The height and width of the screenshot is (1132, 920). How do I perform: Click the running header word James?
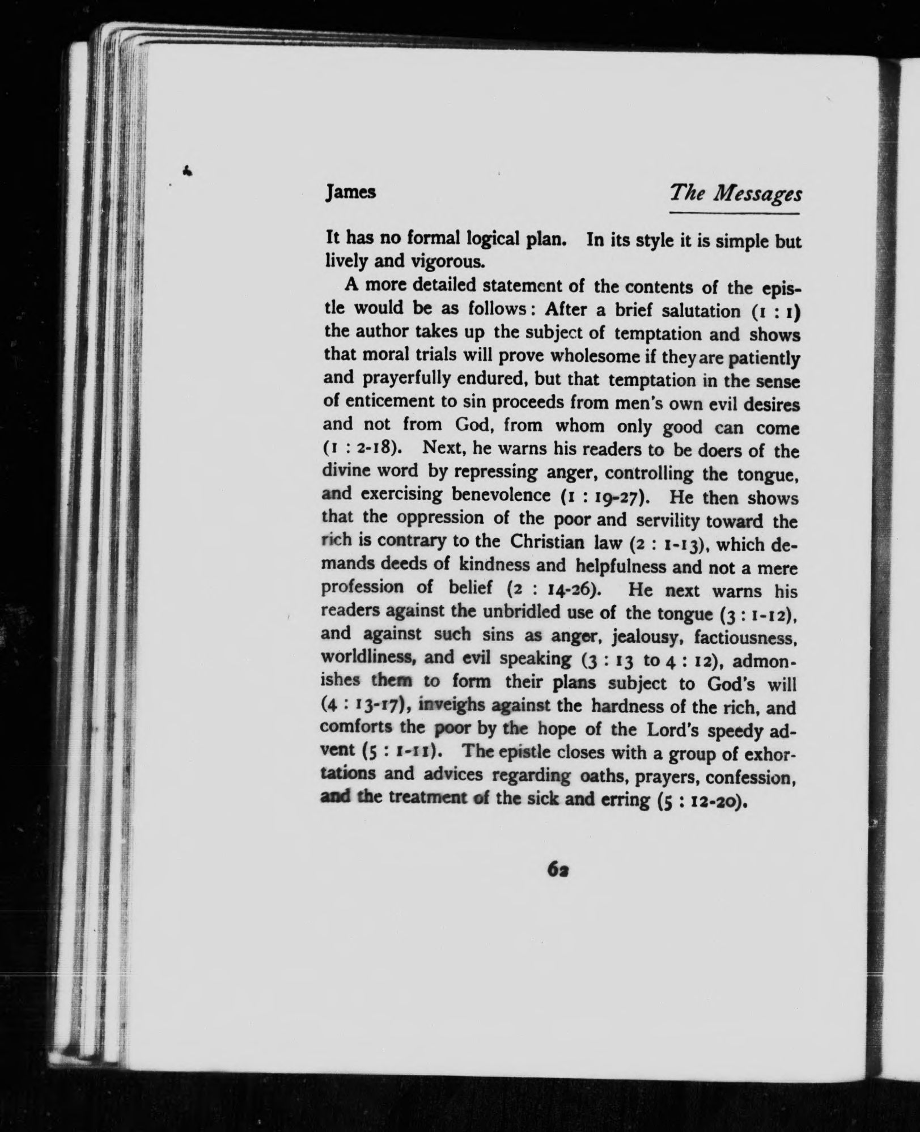(351, 193)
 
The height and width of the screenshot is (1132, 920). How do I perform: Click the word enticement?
(399, 402)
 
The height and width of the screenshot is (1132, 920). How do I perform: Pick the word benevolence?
(501, 495)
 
